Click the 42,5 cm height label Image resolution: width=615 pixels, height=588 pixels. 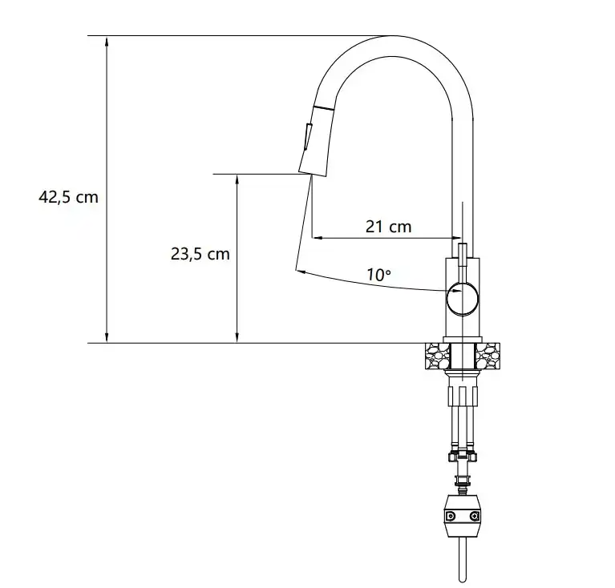click(x=68, y=196)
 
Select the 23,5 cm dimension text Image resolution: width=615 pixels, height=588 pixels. click(x=200, y=254)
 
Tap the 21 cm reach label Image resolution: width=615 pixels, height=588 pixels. click(x=388, y=227)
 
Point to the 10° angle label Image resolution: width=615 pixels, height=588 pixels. click(x=378, y=274)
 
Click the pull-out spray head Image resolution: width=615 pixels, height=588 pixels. click(x=314, y=145)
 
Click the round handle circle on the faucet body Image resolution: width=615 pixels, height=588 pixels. click(x=463, y=298)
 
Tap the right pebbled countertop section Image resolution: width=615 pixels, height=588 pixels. click(x=488, y=356)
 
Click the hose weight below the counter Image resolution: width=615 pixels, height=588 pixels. click(x=463, y=517)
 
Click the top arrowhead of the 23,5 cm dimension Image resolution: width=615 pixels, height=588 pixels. click(x=237, y=181)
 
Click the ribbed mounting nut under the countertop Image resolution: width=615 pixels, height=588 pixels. click(x=463, y=396)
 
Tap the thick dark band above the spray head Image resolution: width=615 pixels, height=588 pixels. click(x=322, y=107)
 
